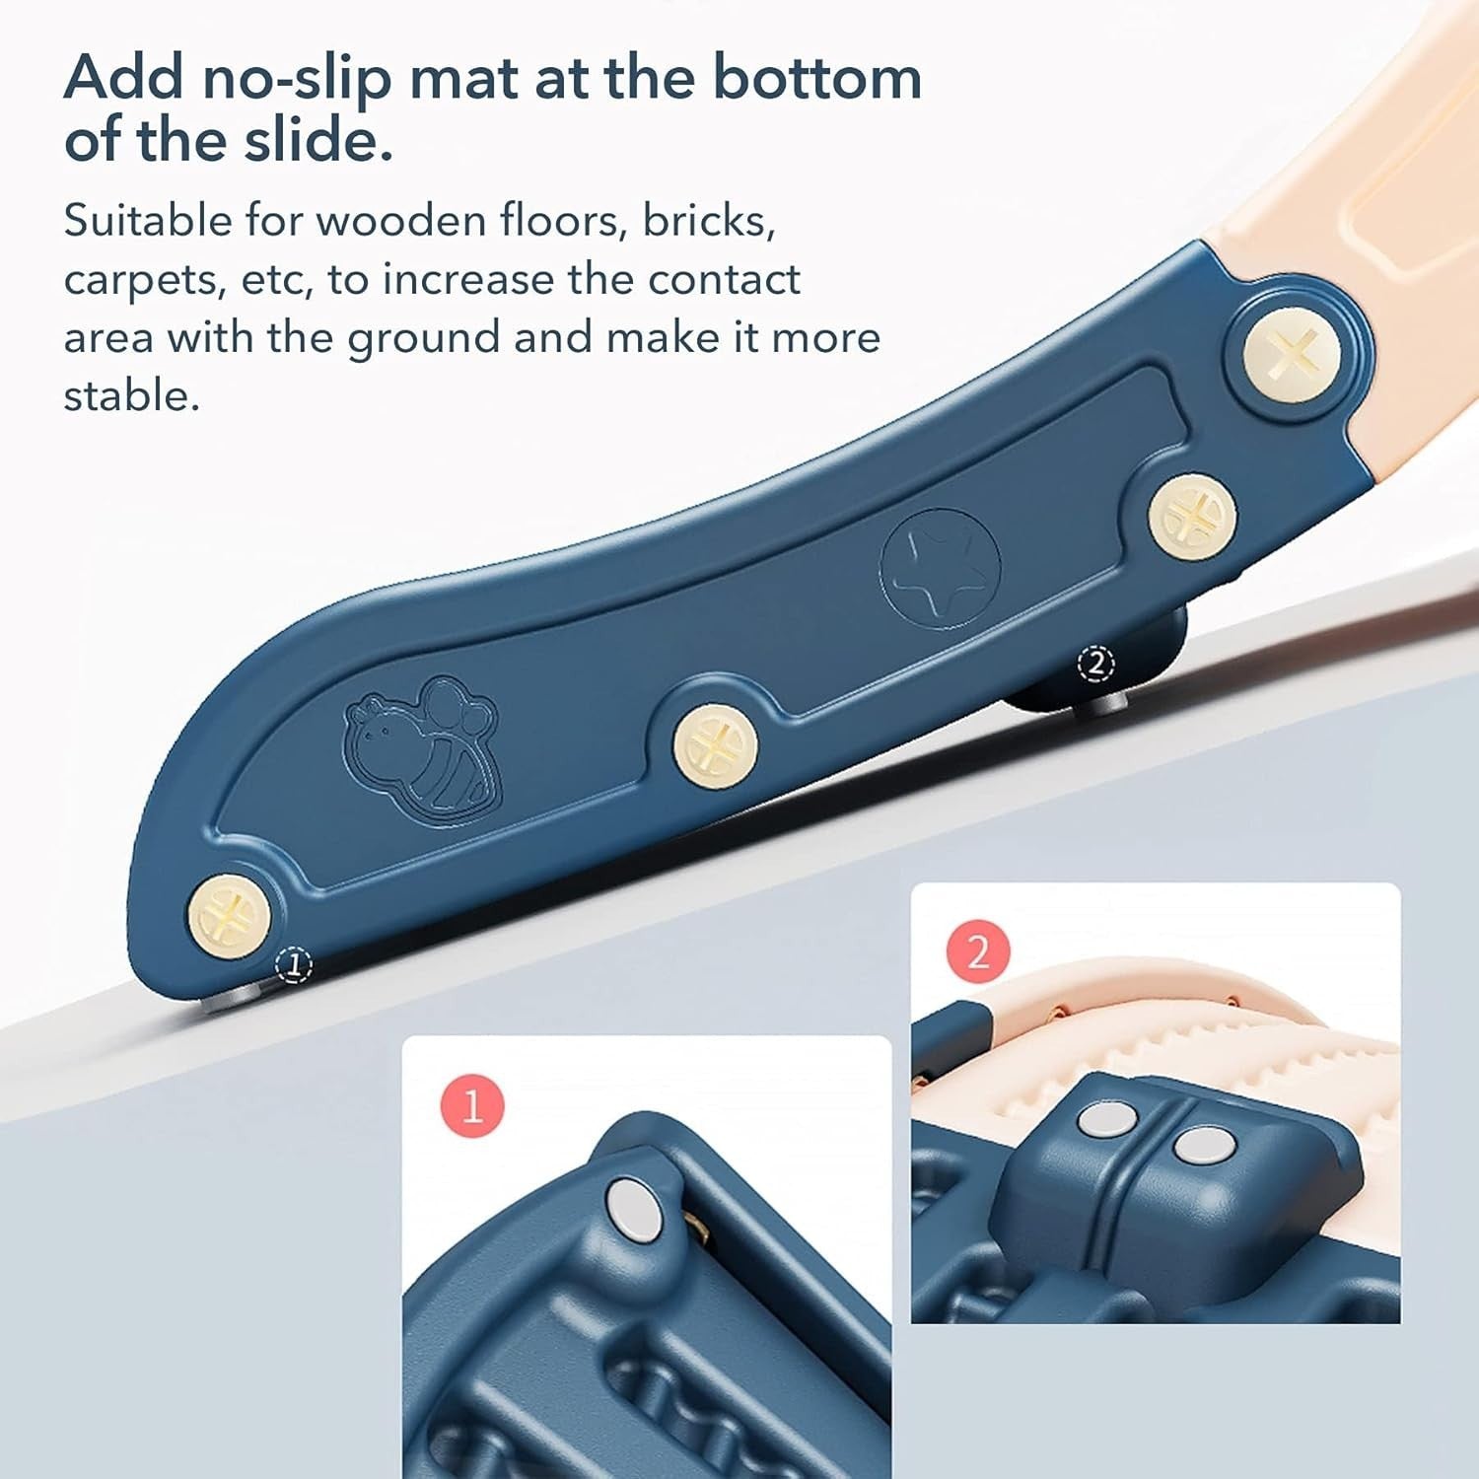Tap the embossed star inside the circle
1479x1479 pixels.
coord(939,568)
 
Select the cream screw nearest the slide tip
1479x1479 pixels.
coord(229,914)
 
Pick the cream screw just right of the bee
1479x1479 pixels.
coord(715,746)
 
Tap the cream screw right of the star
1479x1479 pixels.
coord(1192,516)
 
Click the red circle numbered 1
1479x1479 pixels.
coord(472,1106)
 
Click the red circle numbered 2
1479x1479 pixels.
coord(978,952)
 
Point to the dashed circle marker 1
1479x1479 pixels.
coord(293,964)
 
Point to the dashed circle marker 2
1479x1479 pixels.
coord(1096,664)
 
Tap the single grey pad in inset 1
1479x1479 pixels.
coord(634,1209)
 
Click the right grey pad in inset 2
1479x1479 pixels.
coord(1204,1146)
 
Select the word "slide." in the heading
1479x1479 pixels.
coord(318,139)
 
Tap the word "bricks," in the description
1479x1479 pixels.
coord(709,221)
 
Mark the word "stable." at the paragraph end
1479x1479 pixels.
coord(131,395)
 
